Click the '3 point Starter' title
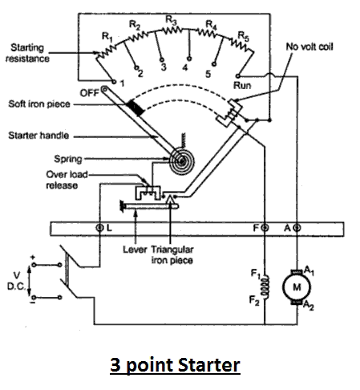[175, 365]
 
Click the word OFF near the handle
[90, 93]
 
